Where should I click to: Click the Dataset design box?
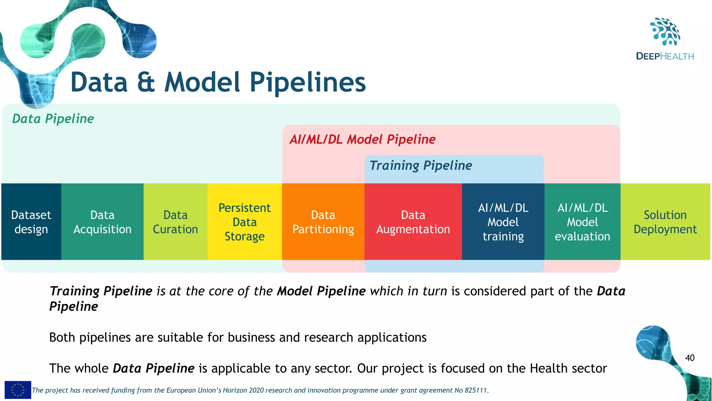point(31,222)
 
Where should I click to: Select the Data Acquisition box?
point(102,222)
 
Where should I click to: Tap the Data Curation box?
point(175,222)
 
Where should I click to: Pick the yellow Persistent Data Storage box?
point(244,222)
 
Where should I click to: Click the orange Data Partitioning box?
point(323,222)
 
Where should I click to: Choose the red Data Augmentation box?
point(413,222)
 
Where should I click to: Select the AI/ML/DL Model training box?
point(503,222)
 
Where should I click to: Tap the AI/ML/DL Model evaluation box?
point(582,222)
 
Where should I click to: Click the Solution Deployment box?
point(665,222)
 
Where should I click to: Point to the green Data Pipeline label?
point(53,119)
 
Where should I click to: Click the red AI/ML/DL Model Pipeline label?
point(362,139)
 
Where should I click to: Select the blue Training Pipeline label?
point(421,165)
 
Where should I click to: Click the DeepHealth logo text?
point(665,56)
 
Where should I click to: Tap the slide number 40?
point(690,358)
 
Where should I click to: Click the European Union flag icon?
point(18,390)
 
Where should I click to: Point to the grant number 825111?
point(476,390)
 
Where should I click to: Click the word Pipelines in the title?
point(307,82)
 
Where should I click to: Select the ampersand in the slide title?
point(146,82)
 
